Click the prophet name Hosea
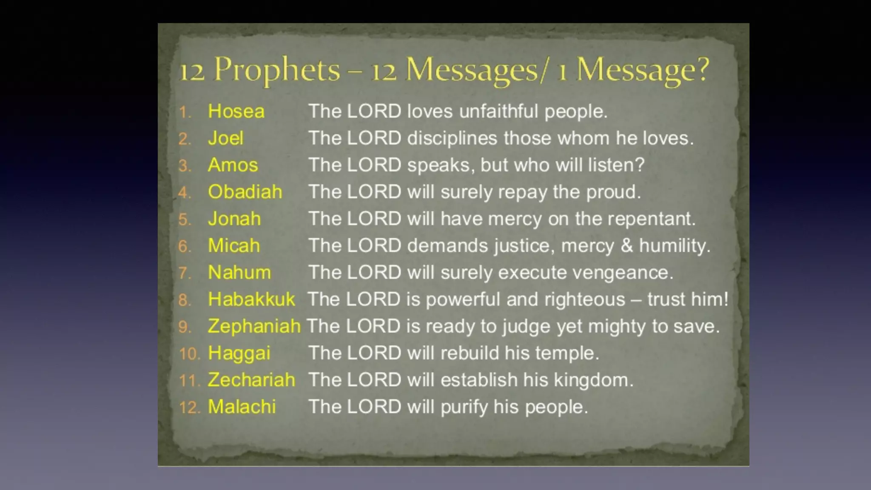(x=236, y=111)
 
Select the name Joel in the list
(x=225, y=138)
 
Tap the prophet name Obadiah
(x=245, y=192)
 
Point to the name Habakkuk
(x=251, y=299)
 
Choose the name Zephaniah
(x=254, y=326)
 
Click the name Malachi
(x=242, y=407)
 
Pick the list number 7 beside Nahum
(x=184, y=273)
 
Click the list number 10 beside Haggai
(x=189, y=354)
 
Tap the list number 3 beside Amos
(x=184, y=166)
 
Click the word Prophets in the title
(x=277, y=69)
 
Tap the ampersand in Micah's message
(x=627, y=245)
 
